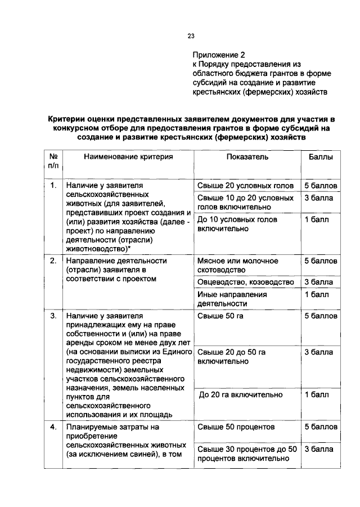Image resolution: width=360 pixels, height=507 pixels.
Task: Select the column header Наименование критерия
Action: tap(128, 157)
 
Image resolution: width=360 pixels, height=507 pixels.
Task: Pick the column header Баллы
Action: tap(321, 157)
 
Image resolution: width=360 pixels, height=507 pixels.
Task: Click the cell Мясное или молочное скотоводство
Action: tap(238, 266)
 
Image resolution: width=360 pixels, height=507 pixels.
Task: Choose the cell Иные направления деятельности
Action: tap(232, 299)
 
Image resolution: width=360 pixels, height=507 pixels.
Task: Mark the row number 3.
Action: tap(53, 316)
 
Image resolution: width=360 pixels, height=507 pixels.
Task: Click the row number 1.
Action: tap(53, 185)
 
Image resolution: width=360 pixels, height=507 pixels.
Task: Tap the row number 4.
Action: tap(53, 427)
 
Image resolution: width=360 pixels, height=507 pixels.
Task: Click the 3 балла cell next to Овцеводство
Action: tap(318, 282)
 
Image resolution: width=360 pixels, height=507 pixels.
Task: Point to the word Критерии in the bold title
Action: tap(69, 119)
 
